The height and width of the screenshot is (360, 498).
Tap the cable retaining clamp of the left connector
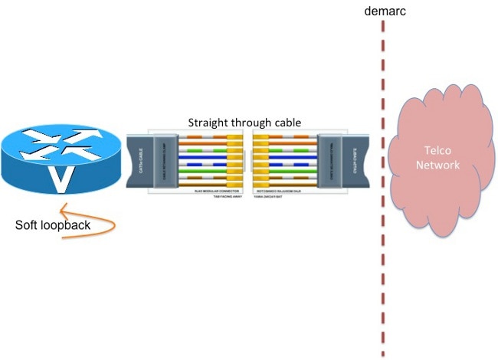pyautogui.click(x=164, y=160)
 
